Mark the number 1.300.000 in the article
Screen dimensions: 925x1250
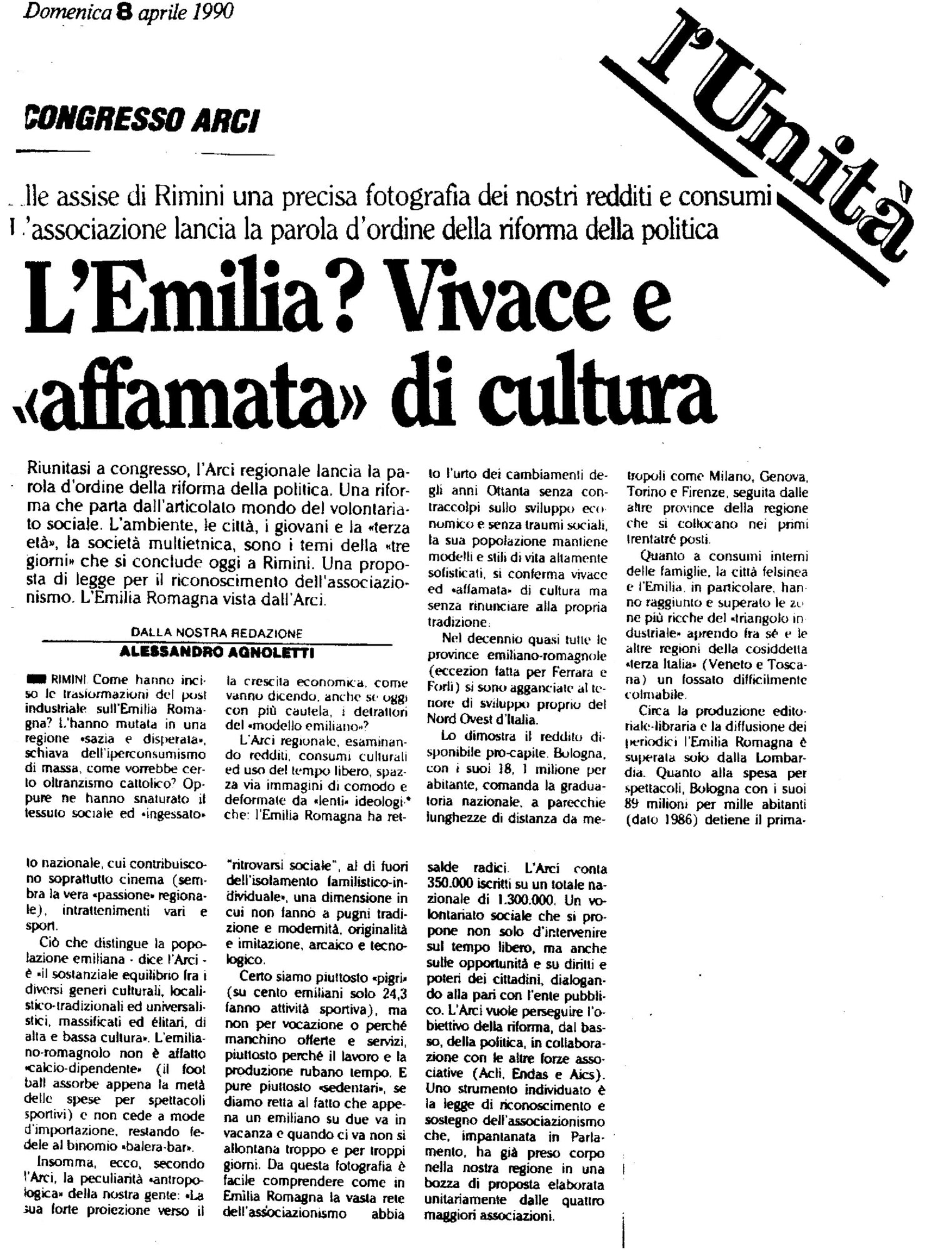click(x=529, y=900)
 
